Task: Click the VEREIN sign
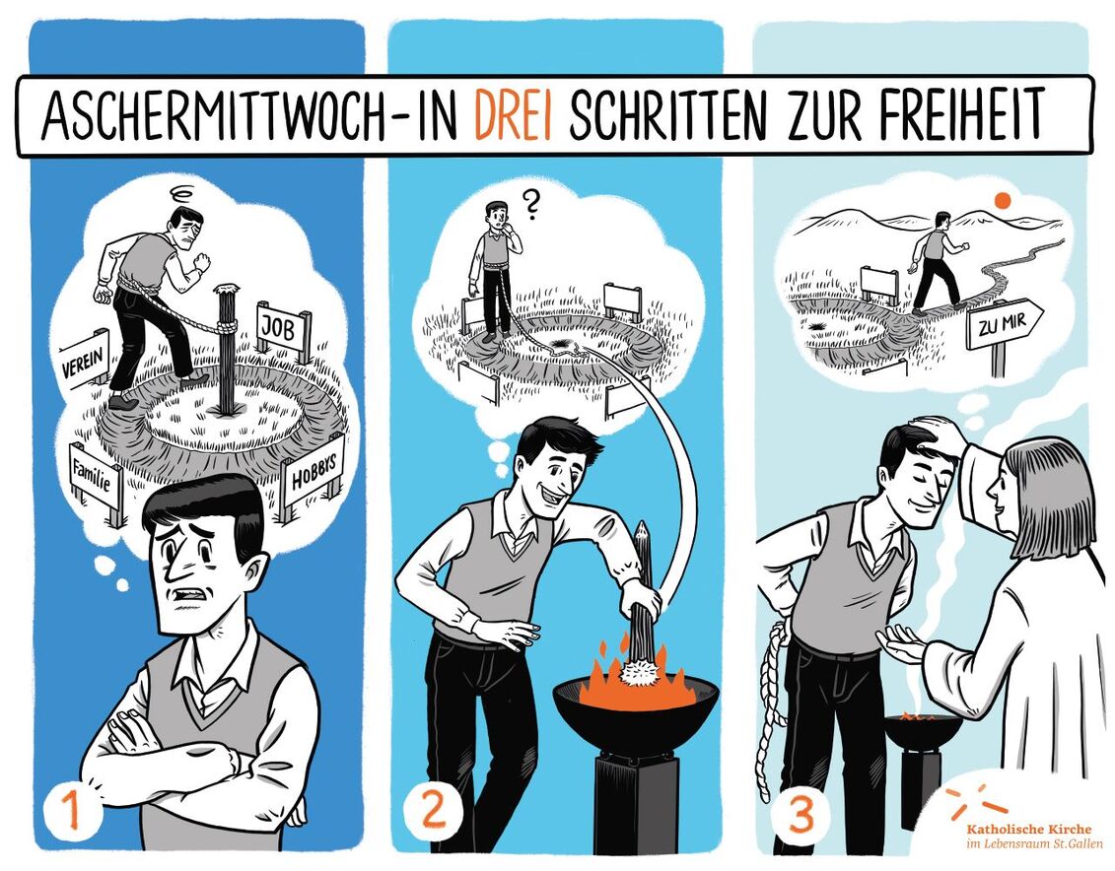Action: [x=83, y=360]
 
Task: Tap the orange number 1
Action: [x=70, y=811]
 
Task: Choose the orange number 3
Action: [x=801, y=815]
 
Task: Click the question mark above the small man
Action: [x=529, y=203]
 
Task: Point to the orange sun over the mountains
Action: [x=1004, y=200]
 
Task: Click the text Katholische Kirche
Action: [x=1028, y=829]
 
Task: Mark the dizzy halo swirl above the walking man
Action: [x=184, y=193]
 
